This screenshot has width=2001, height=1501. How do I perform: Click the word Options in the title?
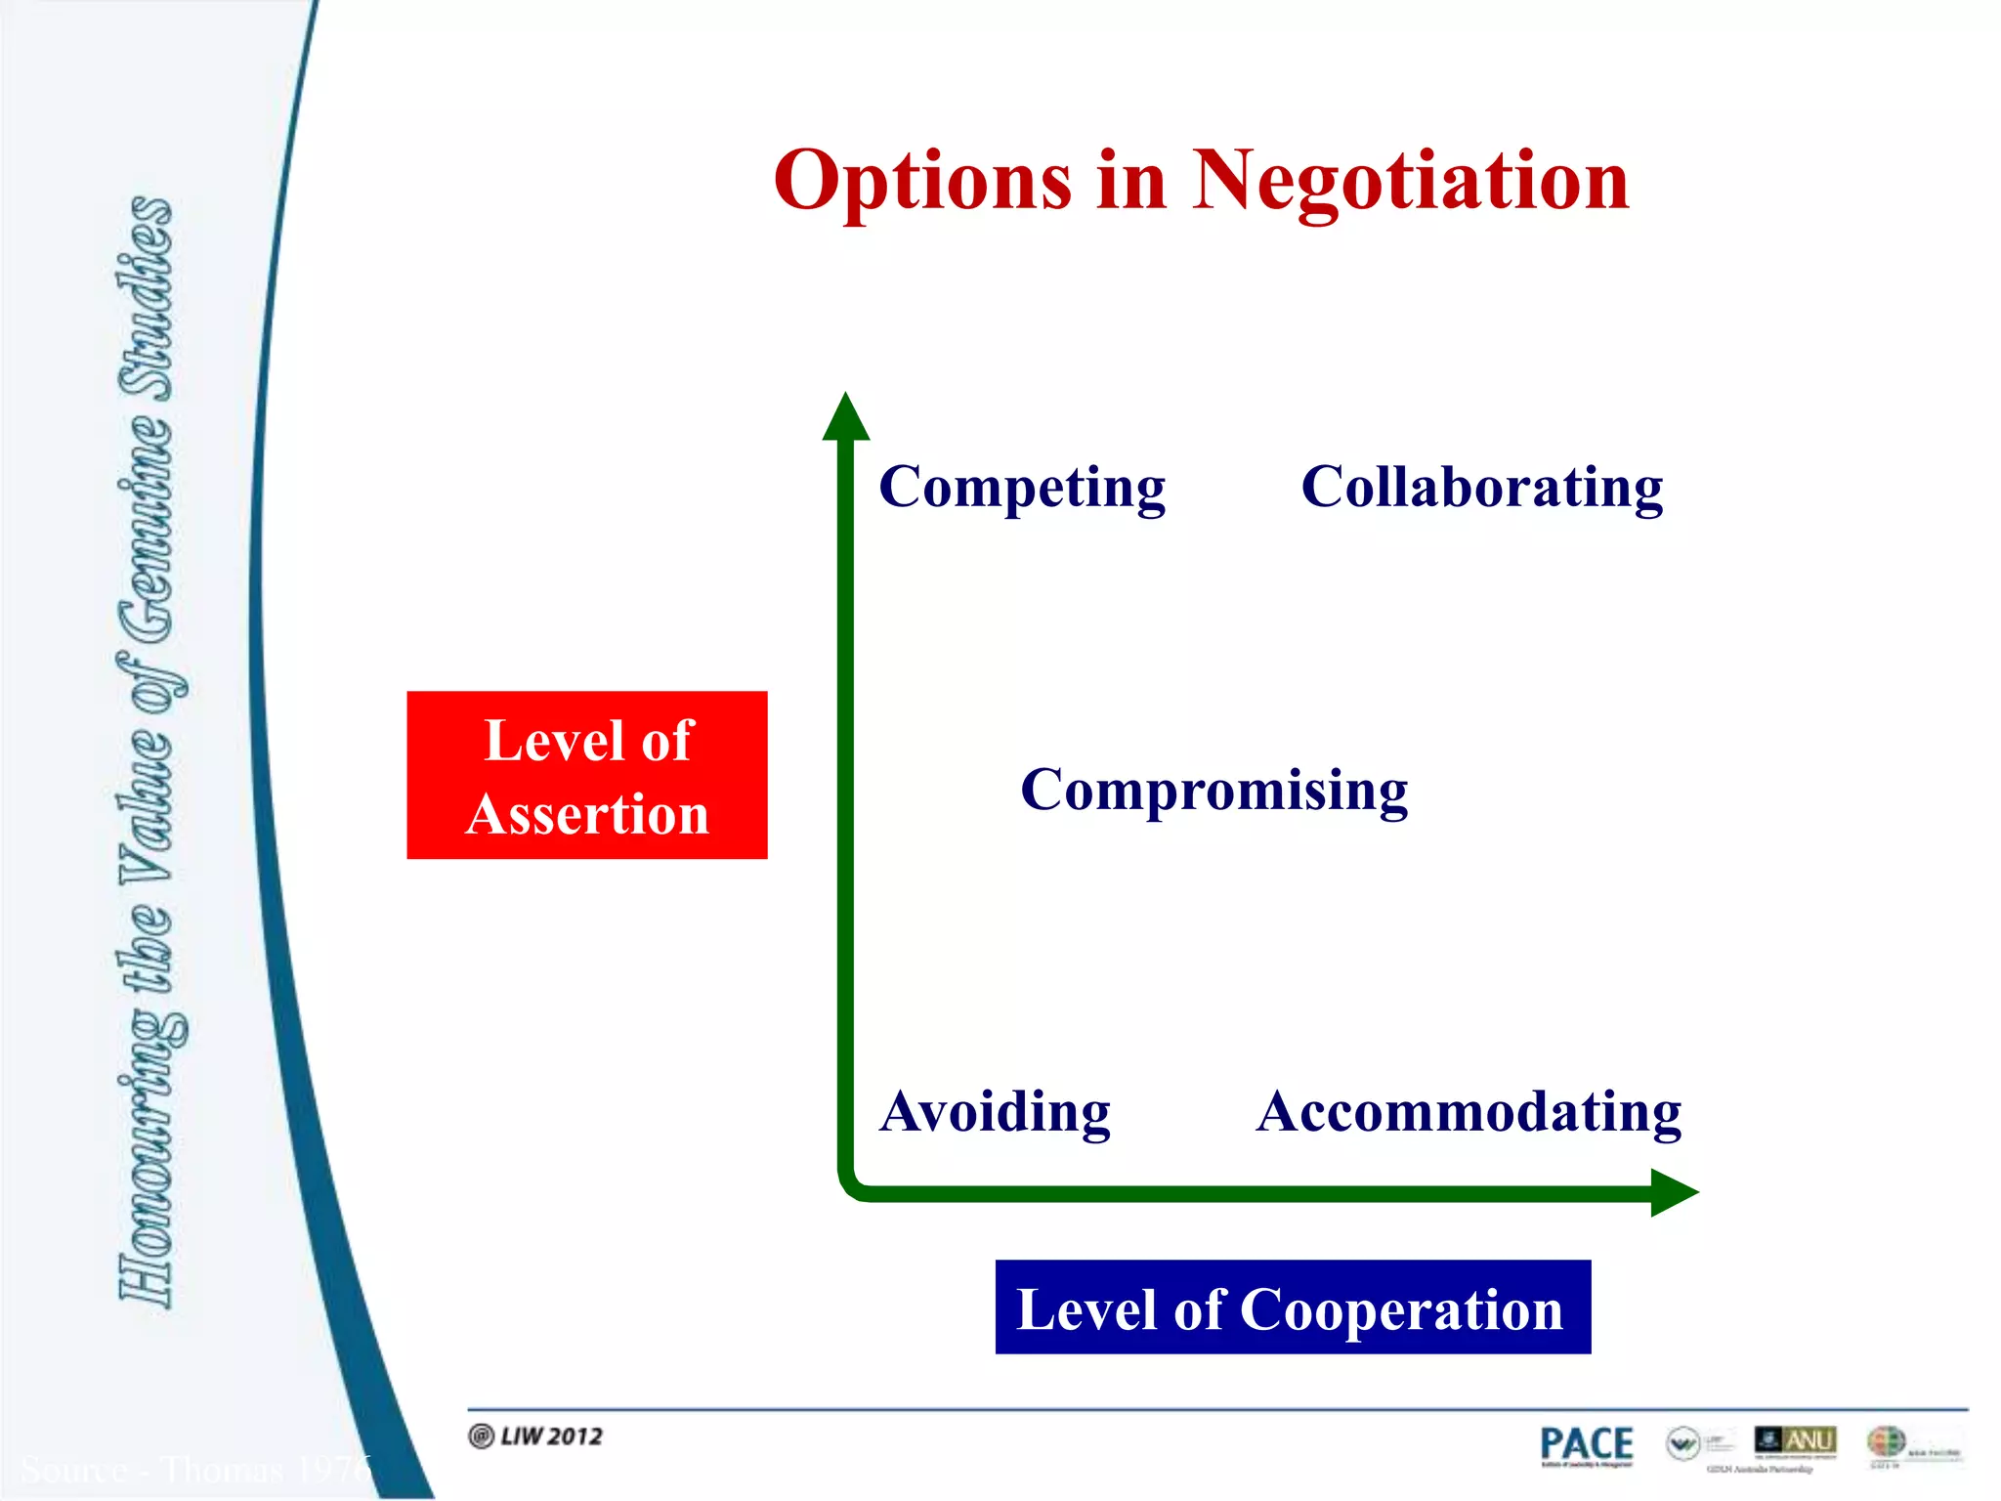pyautogui.click(x=922, y=183)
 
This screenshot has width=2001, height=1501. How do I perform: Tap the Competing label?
pyautogui.click(x=1022, y=488)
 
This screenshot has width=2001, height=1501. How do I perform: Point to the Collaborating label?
pyautogui.click(x=1481, y=488)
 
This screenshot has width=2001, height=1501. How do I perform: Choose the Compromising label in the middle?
pyautogui.click(x=1213, y=790)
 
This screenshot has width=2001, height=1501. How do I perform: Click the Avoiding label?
pyautogui.click(x=995, y=1112)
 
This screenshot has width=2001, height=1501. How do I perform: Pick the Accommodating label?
pyautogui.click(x=1469, y=1112)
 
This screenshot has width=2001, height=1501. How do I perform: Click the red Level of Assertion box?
pyautogui.click(x=586, y=775)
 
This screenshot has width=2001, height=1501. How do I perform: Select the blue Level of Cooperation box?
pyautogui.click(x=1292, y=1308)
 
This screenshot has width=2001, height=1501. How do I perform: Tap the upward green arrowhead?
pyautogui.click(x=845, y=418)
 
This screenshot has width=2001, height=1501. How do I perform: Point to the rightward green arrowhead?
pyautogui.click(x=1673, y=1192)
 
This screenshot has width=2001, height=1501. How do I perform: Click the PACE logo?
pyautogui.click(x=1586, y=1445)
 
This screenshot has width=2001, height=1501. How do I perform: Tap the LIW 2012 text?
pyautogui.click(x=550, y=1436)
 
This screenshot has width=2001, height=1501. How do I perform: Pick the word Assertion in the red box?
pyautogui.click(x=587, y=814)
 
